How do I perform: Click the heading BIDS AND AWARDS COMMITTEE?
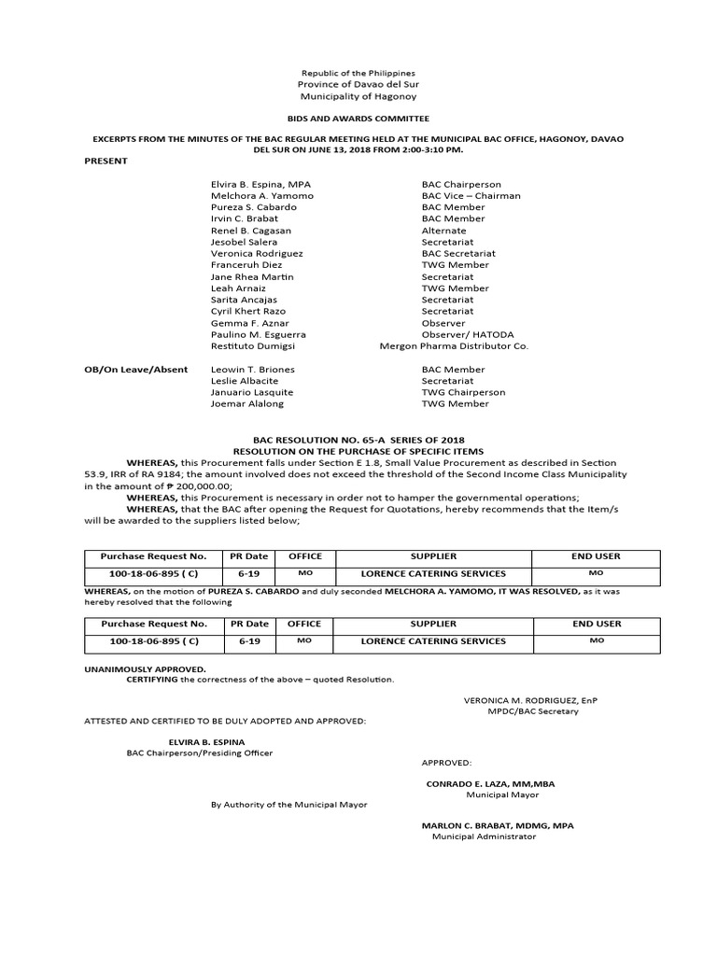358,119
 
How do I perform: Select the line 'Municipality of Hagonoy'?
358,96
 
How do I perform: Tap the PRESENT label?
105,161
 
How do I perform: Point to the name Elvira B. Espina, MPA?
260,185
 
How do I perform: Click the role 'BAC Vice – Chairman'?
471,196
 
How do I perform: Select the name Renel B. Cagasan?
251,231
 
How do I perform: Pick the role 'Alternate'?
443,231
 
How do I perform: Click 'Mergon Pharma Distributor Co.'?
454,345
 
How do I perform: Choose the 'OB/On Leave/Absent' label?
136,370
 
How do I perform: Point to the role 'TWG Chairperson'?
463,393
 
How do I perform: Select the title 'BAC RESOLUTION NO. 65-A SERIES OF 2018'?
358,439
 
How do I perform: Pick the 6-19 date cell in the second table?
249,641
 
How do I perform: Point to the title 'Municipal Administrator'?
484,836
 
